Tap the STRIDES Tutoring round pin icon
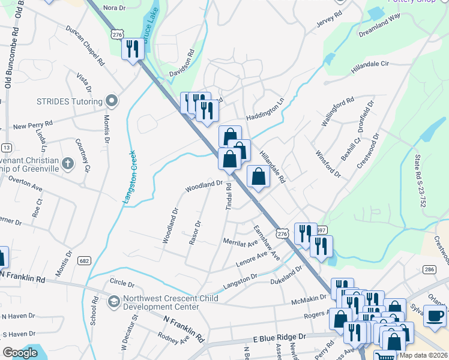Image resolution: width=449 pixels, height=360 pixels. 110,101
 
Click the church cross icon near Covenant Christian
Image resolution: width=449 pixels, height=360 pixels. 68,163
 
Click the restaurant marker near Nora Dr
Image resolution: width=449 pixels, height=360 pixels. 133,48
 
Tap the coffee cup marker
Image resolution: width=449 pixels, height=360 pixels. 435,315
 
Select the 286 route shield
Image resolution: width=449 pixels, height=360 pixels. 429,270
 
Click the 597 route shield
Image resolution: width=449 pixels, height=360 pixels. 321,230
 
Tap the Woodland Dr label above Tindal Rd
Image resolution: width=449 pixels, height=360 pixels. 204,186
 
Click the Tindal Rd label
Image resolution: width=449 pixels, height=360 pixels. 229,197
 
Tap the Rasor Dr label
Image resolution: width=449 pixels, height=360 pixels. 194,233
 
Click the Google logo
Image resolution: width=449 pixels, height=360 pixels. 20,353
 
